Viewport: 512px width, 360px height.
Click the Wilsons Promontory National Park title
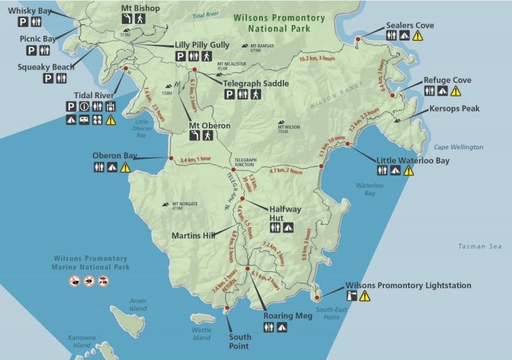click(278, 24)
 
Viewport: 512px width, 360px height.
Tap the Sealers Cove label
click(410, 25)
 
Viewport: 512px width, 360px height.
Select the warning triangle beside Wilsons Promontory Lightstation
click(365, 296)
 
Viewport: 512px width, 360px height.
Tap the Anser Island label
click(138, 305)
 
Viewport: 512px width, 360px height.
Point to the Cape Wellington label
click(458, 147)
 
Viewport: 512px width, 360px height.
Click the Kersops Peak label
click(454, 108)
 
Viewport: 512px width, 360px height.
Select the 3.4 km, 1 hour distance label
click(196, 160)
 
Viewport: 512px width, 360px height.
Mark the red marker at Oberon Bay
click(170, 159)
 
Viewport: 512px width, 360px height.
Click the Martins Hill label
click(193, 236)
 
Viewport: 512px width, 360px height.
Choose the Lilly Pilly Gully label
click(201, 45)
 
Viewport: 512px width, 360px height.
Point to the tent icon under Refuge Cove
click(442, 91)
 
